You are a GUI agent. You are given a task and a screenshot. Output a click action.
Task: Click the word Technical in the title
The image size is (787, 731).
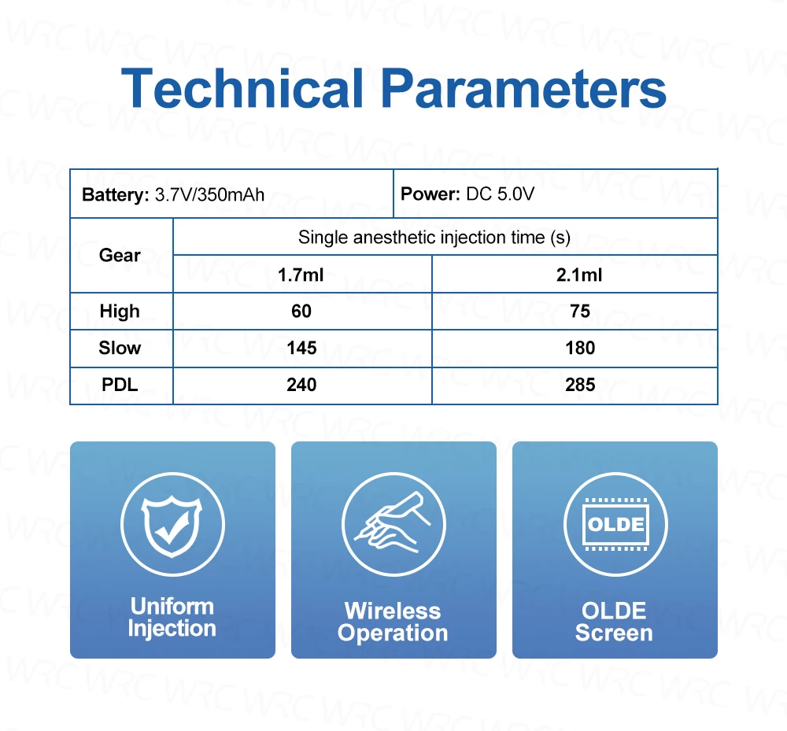[242, 88]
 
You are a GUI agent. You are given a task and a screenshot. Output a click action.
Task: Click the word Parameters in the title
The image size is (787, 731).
[523, 88]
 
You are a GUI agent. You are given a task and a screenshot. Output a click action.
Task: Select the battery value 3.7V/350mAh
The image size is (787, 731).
[209, 194]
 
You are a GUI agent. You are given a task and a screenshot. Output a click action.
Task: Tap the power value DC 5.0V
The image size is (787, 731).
[500, 194]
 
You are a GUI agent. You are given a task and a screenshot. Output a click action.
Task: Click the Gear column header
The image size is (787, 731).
[120, 256]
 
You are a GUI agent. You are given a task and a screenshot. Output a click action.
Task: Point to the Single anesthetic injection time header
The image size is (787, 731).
[434, 238]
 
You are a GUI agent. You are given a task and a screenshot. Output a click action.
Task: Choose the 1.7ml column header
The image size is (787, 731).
[301, 275]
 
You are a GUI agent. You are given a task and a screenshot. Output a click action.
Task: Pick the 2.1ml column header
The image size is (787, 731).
[579, 275]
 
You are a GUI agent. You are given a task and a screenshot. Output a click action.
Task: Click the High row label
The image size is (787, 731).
[120, 312]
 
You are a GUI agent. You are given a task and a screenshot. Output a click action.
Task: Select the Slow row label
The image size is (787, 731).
[120, 348]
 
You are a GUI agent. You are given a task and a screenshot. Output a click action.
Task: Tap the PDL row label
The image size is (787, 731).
[120, 385]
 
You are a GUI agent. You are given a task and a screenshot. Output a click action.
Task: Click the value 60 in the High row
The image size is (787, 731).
[301, 311]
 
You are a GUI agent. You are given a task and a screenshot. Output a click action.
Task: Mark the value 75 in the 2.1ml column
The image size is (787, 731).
[580, 311]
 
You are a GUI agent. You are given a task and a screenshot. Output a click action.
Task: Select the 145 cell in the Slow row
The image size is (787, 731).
[301, 348]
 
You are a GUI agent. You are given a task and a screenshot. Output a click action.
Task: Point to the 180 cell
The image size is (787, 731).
[580, 348]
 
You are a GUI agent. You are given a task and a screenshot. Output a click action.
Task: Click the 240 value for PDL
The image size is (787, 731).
[301, 385]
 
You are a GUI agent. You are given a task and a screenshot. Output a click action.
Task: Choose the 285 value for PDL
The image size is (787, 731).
[580, 385]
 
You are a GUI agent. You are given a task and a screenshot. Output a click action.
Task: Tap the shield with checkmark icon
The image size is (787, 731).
[172, 526]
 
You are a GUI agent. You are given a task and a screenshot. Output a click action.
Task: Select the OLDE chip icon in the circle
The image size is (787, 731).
[615, 524]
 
